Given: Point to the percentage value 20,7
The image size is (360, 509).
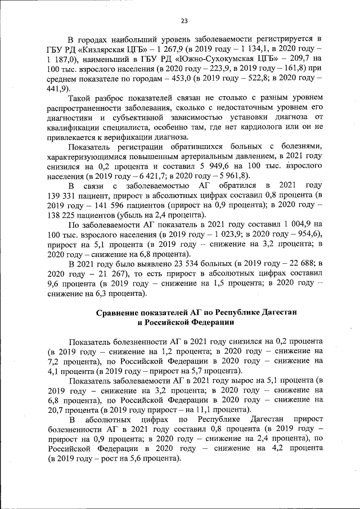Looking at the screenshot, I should (x=60, y=411).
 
